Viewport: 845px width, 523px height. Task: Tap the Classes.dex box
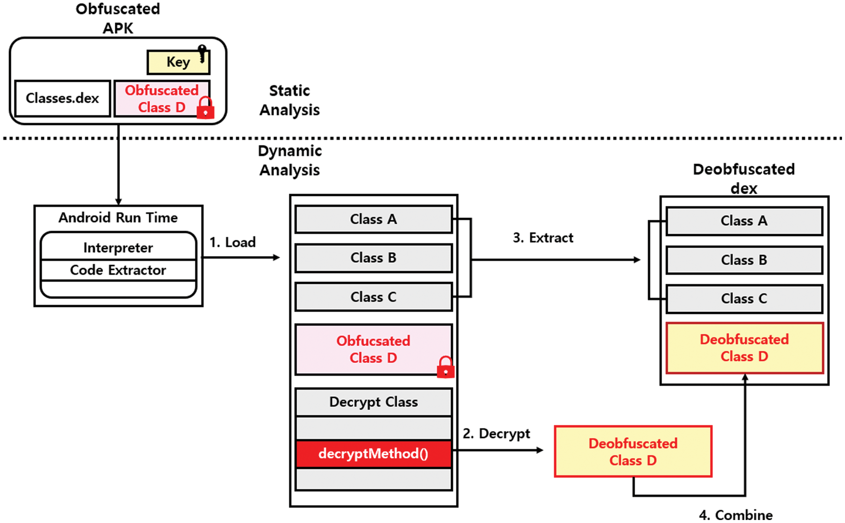coord(62,98)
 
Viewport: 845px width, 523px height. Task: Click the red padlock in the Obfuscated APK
coord(205,108)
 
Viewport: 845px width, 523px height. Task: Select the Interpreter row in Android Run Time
coord(118,247)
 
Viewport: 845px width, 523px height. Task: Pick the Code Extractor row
coord(118,270)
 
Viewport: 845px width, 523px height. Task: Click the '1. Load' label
coord(232,242)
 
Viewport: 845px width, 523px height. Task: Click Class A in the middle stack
coord(373,219)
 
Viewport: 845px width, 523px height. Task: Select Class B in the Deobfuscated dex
coord(744,260)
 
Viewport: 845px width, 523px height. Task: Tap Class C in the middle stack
coord(373,297)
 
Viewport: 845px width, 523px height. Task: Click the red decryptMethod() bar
coord(373,454)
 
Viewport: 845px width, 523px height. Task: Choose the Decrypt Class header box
coord(373,402)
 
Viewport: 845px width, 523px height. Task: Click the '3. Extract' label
coord(543,238)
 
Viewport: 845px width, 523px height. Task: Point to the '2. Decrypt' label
coord(496,434)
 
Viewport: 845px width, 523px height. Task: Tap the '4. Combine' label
coord(736,515)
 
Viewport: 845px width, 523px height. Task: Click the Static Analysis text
coord(290,100)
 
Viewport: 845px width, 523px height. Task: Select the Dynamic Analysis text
coord(290,161)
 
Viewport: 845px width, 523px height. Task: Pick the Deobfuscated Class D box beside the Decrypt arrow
coord(633,452)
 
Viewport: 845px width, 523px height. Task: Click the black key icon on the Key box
coord(202,53)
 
